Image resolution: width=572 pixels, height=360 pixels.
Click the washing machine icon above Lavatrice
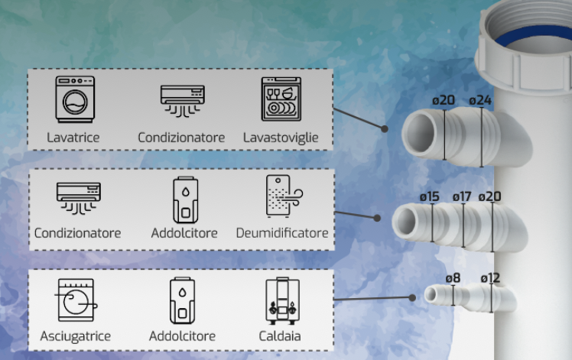(75, 99)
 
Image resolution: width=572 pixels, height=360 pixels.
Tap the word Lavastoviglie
(281, 138)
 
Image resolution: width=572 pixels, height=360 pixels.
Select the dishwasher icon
(281, 99)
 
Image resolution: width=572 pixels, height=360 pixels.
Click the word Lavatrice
(73, 138)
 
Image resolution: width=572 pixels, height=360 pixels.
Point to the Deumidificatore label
(282, 233)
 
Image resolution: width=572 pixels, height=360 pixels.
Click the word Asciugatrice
(75, 336)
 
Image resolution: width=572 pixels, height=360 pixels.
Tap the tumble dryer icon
(76, 300)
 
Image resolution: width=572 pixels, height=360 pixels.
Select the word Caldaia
(280, 336)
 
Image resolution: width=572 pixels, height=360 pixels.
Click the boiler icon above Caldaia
(283, 301)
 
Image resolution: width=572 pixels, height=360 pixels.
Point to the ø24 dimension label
(480, 100)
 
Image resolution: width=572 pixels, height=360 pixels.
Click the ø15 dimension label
(429, 197)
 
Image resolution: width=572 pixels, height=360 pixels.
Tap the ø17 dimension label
(462, 197)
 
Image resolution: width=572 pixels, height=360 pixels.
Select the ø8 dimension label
(453, 278)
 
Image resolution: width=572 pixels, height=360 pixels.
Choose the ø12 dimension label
(490, 278)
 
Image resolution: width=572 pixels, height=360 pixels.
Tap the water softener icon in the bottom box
(183, 300)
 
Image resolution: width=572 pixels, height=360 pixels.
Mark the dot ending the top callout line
(384, 128)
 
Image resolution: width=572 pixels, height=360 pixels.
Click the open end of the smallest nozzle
(431, 294)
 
